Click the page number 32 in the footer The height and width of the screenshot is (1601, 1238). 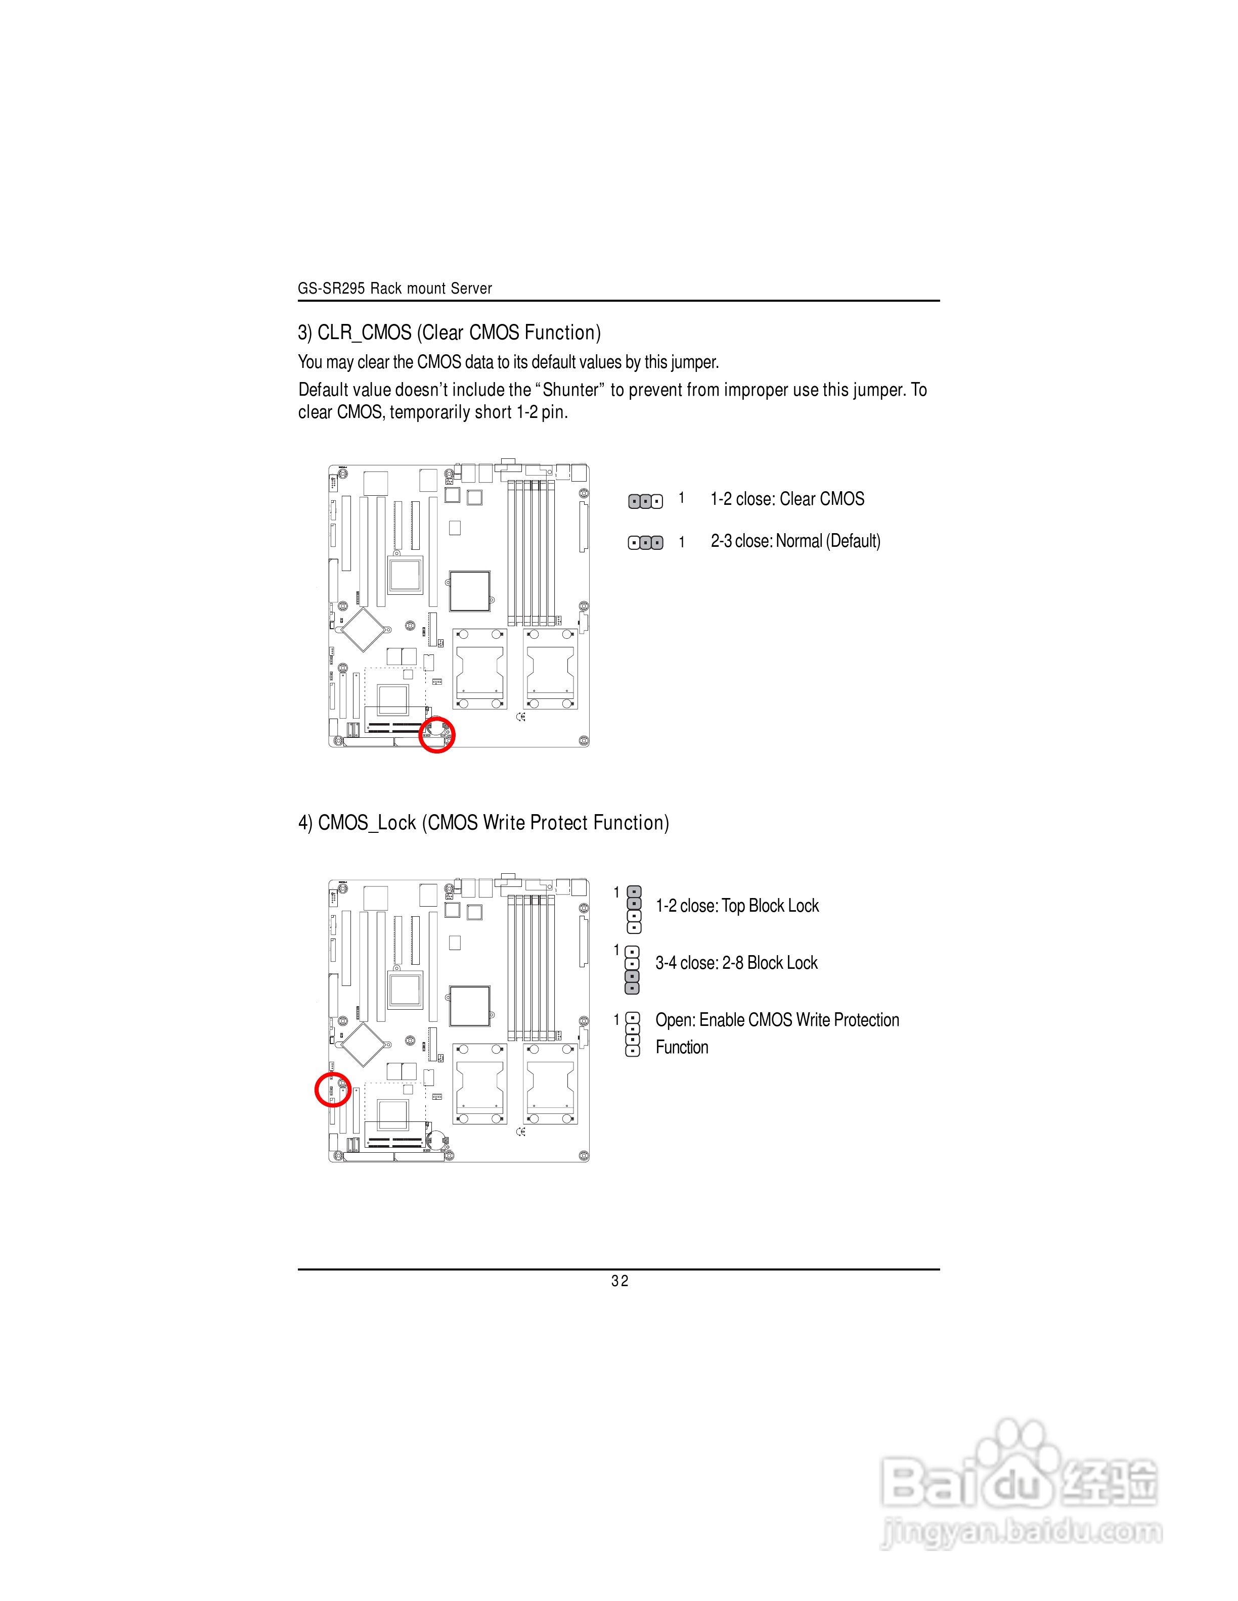click(x=620, y=1281)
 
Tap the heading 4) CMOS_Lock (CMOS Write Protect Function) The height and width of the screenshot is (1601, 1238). click(x=483, y=823)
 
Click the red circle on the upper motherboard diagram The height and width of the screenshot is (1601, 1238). click(x=437, y=734)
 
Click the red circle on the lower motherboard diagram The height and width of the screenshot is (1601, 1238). click(x=332, y=1090)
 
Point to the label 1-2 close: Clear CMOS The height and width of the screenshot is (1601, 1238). click(x=787, y=499)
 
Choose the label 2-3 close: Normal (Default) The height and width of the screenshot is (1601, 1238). click(x=795, y=541)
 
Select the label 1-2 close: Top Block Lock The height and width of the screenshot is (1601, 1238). click(x=737, y=906)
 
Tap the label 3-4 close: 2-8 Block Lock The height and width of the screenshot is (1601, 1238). click(x=736, y=963)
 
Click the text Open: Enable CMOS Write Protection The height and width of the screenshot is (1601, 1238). click(x=777, y=1020)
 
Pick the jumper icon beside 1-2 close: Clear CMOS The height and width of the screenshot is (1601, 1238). click(x=645, y=501)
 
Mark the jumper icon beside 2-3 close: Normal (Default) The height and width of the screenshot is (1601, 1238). click(x=645, y=542)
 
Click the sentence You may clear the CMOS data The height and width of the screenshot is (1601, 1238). click(x=508, y=362)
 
